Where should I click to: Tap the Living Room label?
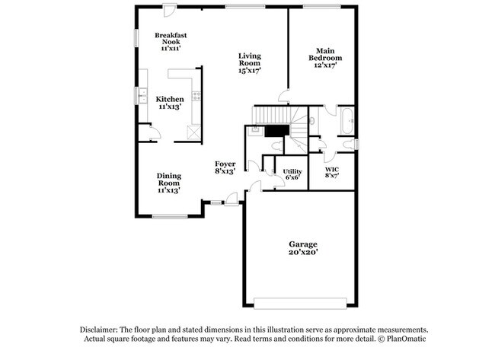(249, 62)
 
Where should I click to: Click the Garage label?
(302, 244)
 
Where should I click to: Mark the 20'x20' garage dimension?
(302, 252)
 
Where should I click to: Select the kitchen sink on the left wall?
(142, 95)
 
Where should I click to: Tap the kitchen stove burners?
(196, 96)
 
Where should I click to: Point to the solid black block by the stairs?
(274, 131)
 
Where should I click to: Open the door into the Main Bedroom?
(283, 96)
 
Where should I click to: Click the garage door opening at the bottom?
(302, 302)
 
